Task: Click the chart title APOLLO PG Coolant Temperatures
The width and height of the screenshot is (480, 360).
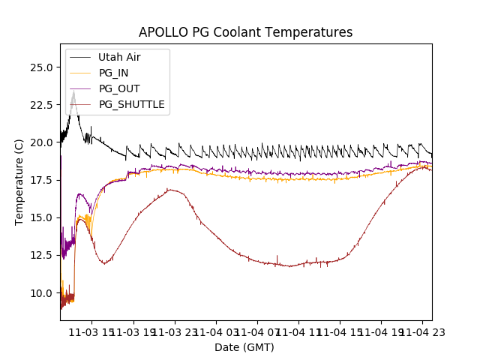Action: tap(245, 32)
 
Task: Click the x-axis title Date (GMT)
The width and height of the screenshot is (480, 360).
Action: tap(244, 347)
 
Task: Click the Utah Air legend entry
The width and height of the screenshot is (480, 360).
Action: tap(118, 57)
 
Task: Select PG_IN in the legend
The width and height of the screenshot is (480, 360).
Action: tap(113, 73)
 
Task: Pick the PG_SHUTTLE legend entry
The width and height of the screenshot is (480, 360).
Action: tap(131, 104)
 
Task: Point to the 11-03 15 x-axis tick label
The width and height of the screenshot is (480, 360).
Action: tap(88, 331)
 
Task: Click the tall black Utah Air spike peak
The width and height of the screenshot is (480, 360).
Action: tap(73, 92)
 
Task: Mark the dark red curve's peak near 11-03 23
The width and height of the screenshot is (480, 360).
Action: tap(172, 190)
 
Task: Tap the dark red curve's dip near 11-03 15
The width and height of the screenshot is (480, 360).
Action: tap(106, 263)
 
